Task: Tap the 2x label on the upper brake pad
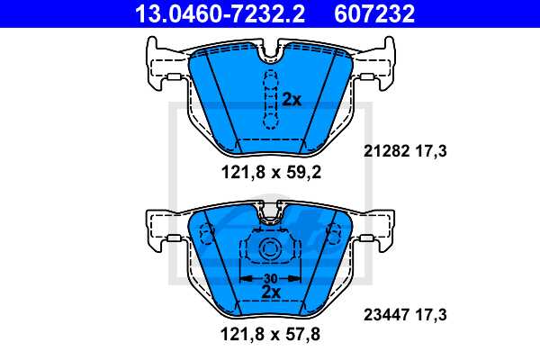pos(292,99)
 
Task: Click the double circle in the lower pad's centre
pos(267,251)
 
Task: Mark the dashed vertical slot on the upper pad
pos(267,99)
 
